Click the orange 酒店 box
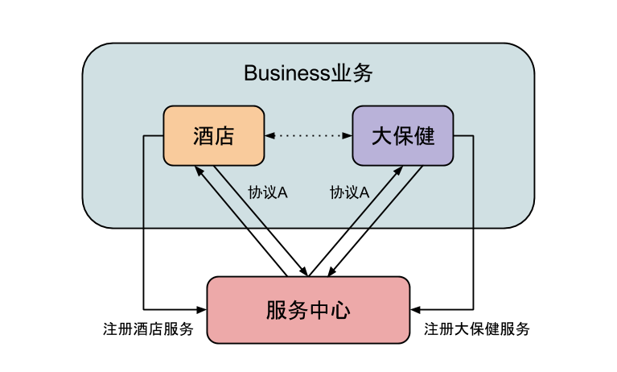coord(213,136)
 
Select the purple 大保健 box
coord(402,136)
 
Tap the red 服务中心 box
coord(308,310)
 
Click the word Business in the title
coord(286,73)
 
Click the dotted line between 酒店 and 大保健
coord(309,136)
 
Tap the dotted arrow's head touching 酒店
coord(270,136)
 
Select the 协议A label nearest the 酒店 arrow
coord(269,192)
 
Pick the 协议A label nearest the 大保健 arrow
coord(349,192)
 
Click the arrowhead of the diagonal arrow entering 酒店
coord(198,171)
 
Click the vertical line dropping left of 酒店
coord(144,185)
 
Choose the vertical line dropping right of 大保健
coord(473,185)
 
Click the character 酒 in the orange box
coord(203,136)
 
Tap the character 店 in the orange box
coord(224,136)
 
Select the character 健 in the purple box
coord(424,136)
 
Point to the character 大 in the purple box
coord(381,136)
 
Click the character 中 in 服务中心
coord(319,310)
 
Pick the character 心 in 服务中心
coord(340,310)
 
